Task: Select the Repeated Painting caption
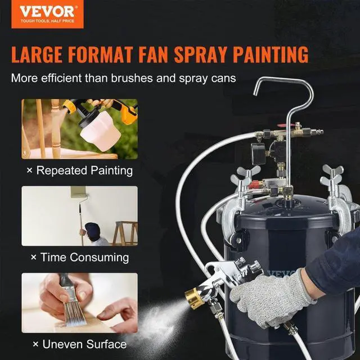pos(81,170)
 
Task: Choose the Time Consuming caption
pos(80,257)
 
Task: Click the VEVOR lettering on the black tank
pos(284,274)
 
